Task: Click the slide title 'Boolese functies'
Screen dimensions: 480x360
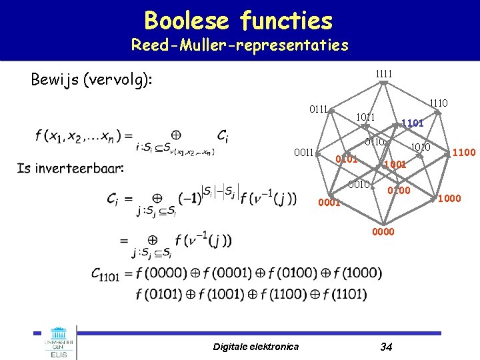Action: pos(238,21)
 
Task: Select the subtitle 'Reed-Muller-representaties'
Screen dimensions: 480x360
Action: pos(239,45)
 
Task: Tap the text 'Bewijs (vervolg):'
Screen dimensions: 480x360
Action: pos(92,80)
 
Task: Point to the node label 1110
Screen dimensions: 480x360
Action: pos(439,103)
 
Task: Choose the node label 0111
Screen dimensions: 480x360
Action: pos(317,109)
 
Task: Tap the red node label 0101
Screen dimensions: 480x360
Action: pos(347,159)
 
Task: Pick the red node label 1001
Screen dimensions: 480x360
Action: pos(395,164)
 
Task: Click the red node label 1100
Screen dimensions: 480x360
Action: pos(463,153)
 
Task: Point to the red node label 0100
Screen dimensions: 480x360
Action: pos(400,191)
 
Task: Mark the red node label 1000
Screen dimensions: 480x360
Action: pos(448,197)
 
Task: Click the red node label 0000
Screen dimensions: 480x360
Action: pos(384,231)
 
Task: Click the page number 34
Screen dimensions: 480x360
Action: pos(385,346)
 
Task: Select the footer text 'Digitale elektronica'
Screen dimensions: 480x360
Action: pos(256,346)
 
